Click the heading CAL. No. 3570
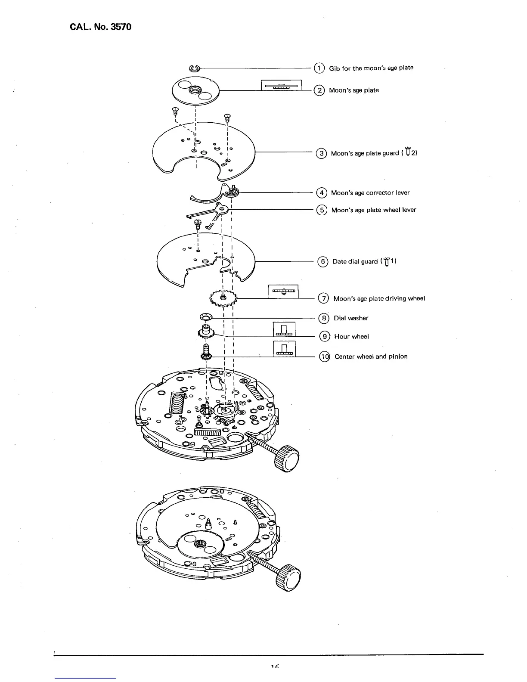coord(100,27)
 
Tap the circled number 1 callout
coord(319,68)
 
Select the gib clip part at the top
coord(194,68)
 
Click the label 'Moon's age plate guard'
coord(365,153)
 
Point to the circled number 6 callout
coord(322,261)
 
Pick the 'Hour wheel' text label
coord(351,337)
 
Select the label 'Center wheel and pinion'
coord(371,356)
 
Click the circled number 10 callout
coord(324,356)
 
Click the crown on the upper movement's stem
coord(288,459)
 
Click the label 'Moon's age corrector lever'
coord(370,192)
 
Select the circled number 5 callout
coord(322,210)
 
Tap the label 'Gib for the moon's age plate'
coord(371,68)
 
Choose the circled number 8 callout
coord(323,318)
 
